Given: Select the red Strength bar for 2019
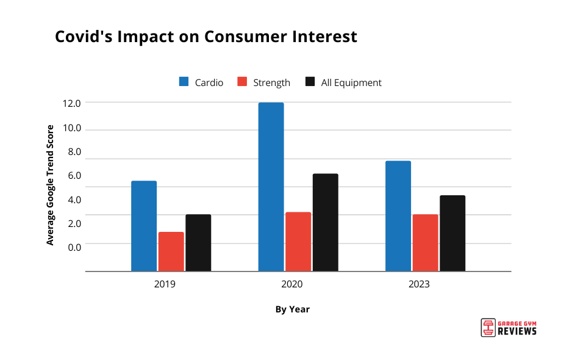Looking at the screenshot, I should pos(171,251).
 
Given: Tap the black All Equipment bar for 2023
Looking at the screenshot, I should pos(452,233).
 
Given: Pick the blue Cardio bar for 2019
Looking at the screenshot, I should pos(144,226).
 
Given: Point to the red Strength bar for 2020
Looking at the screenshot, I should pos(298,242).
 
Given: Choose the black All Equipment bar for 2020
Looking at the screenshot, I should pos(325,222).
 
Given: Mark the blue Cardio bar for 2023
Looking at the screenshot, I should pos(398,216).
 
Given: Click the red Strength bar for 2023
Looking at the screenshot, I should pos(425,243).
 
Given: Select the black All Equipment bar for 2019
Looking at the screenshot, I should pos(198,243).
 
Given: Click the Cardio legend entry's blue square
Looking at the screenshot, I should pos(184,82).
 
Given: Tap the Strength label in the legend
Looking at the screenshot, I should pos(272,82).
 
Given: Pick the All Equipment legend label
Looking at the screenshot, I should pos(351,82).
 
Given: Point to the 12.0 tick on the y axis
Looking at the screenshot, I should pos(71,103).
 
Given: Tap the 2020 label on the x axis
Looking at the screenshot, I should pos(292,284).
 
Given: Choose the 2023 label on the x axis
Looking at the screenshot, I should pos(419,284).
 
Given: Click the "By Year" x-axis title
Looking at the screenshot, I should pos(292,309).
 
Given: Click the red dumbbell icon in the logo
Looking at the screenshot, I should pos(487,327).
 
